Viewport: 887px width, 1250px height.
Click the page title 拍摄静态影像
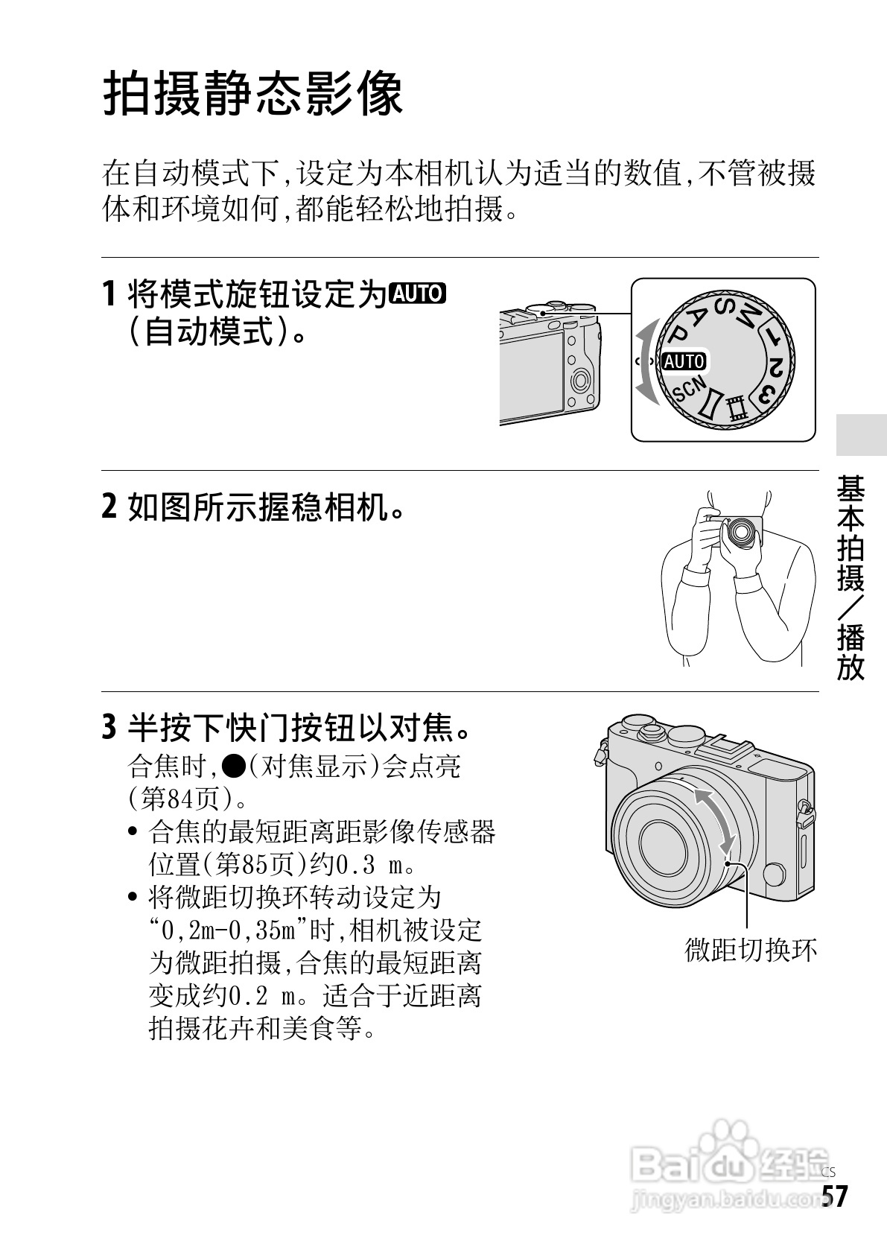252,93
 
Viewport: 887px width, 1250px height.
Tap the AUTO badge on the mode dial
684,361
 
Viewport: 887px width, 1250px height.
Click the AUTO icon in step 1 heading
418,294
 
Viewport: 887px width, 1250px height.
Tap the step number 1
109,294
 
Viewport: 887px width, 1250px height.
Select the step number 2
109,507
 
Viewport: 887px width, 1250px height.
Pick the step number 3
109,728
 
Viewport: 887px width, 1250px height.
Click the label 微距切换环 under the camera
750,949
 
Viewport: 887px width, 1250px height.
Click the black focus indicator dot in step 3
233,767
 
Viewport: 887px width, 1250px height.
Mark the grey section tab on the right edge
861,435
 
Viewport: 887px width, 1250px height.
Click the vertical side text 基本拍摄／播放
851,577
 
